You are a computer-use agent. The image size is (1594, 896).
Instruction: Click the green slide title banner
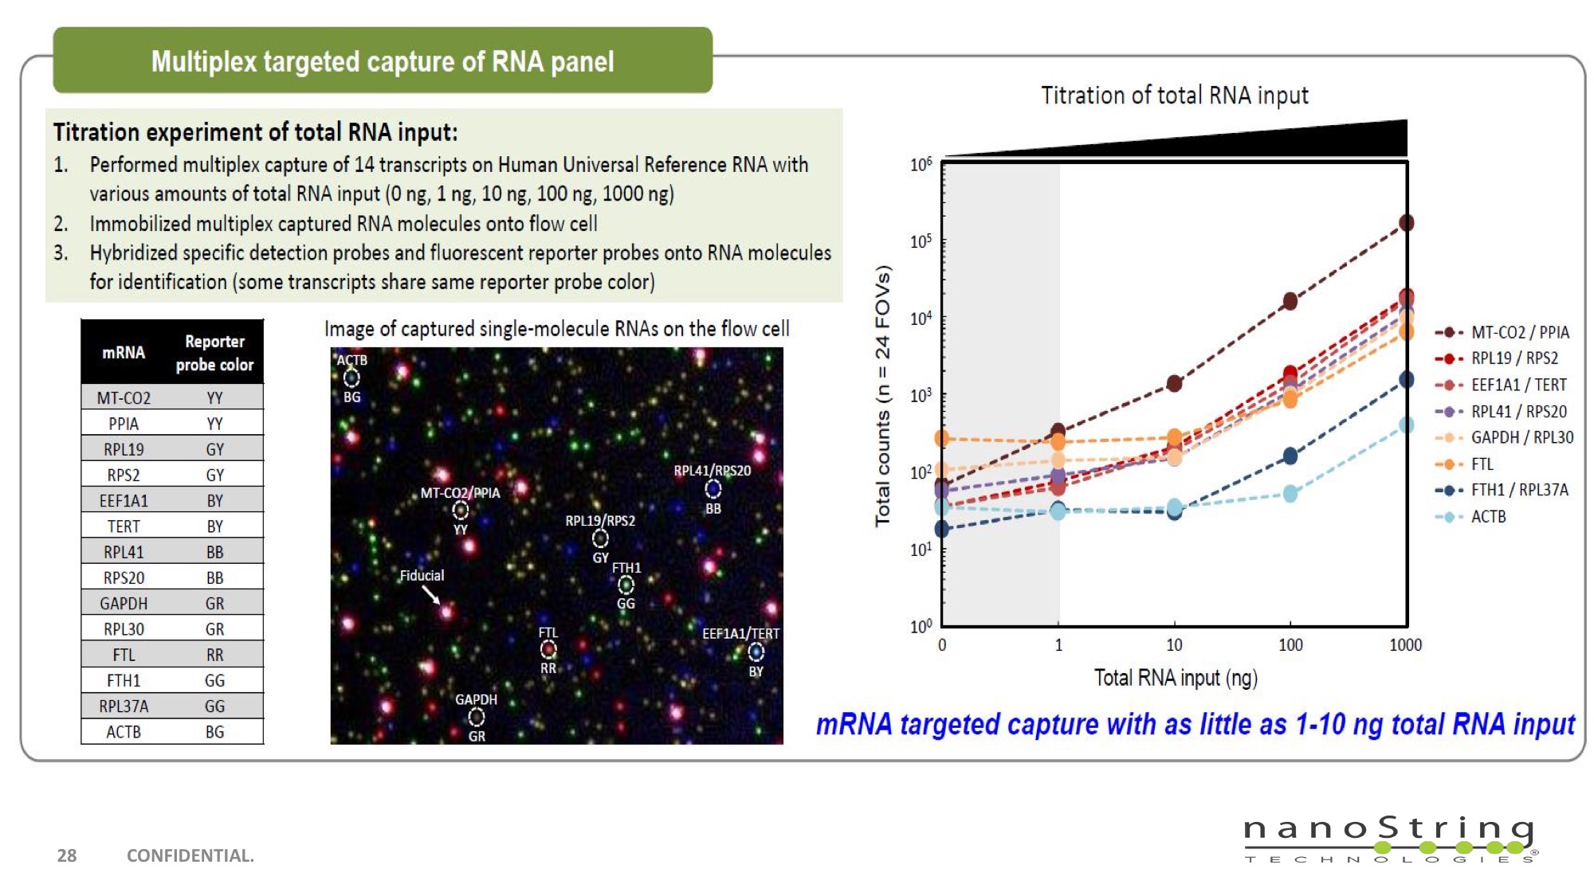(383, 61)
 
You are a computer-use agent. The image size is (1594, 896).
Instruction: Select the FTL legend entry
(1482, 464)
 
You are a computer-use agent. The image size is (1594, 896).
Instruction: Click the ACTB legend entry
(1487, 516)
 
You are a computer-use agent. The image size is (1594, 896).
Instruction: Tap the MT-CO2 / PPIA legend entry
(1519, 332)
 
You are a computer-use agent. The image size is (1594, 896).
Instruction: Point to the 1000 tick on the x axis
(1405, 644)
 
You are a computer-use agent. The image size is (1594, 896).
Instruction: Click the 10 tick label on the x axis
(1174, 644)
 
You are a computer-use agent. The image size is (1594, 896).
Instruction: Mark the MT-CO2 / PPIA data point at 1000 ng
(1407, 223)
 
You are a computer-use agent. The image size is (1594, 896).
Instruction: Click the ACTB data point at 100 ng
(1290, 494)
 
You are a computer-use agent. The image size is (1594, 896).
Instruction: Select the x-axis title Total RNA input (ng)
(1175, 678)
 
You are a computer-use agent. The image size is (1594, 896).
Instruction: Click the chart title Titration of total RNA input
(1174, 96)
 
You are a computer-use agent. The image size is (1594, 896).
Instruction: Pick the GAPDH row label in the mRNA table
(124, 603)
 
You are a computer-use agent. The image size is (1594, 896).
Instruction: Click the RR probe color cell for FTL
(214, 655)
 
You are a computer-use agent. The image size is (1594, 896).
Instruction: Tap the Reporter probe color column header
(214, 353)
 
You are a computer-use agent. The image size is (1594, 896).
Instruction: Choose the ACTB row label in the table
(124, 731)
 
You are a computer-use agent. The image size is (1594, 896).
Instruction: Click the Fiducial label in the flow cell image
(422, 575)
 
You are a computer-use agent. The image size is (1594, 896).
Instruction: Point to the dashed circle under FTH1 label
(626, 585)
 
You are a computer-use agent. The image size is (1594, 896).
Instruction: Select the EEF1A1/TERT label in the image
(740, 633)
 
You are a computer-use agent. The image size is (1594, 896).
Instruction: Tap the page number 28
(67, 855)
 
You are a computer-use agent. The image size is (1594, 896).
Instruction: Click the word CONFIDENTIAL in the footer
(190, 855)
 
